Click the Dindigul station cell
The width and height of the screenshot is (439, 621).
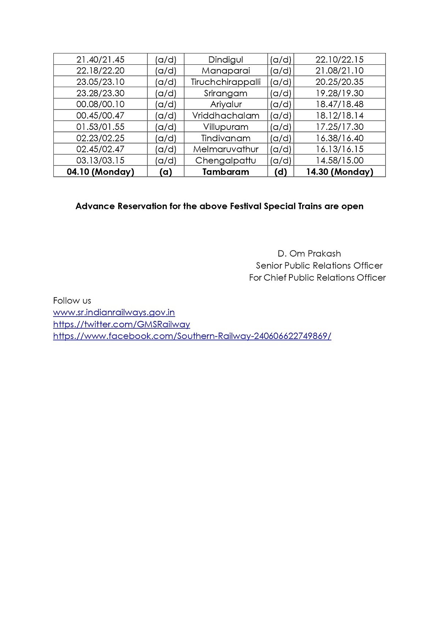pyautogui.click(x=225, y=60)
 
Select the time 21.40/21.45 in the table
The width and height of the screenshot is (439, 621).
pyautogui.click(x=100, y=60)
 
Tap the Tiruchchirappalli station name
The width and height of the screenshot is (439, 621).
pyautogui.click(x=225, y=82)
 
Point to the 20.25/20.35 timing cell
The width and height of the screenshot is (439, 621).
pyautogui.click(x=339, y=82)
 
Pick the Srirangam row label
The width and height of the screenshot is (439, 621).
pyautogui.click(x=225, y=93)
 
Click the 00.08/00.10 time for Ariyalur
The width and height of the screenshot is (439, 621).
pyautogui.click(x=100, y=104)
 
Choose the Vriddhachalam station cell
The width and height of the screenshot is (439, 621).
pyautogui.click(x=225, y=116)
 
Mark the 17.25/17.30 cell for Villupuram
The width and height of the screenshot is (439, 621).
pyautogui.click(x=339, y=127)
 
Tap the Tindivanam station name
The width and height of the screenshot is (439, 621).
pyautogui.click(x=225, y=138)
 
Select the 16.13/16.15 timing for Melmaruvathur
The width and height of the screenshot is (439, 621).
pyautogui.click(x=339, y=149)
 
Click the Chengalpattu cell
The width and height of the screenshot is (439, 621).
pyautogui.click(x=225, y=161)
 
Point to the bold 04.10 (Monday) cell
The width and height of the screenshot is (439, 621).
pyautogui.click(x=100, y=172)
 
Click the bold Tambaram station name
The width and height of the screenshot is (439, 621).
pyautogui.click(x=225, y=172)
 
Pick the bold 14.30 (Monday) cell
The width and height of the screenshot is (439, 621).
pyautogui.click(x=339, y=172)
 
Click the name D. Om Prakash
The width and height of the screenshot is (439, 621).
pyautogui.click(x=309, y=254)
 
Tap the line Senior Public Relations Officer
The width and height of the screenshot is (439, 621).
pyautogui.click(x=319, y=266)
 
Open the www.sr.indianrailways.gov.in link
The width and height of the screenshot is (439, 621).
pyautogui.click(x=114, y=313)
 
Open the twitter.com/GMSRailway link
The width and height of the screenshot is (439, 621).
pyautogui.click(x=121, y=325)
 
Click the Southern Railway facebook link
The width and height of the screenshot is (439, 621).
pyautogui.click(x=192, y=336)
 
